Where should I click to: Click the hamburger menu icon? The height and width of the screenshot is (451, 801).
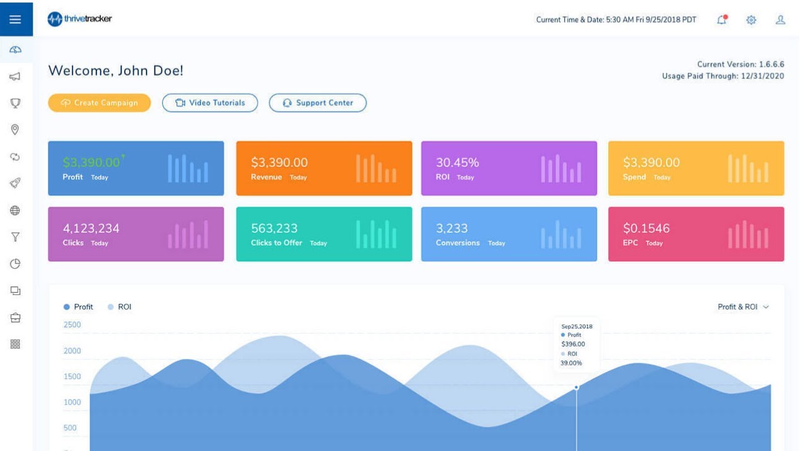16,19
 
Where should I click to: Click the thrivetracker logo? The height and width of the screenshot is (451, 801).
80,19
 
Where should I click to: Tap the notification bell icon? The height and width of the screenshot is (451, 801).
722,19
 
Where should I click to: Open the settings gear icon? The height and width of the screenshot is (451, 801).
751,20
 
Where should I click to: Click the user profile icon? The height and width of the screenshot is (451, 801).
780,19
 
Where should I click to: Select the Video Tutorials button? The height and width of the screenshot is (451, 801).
210,103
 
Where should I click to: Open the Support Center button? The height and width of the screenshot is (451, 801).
317,103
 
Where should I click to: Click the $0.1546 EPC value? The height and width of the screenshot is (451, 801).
646,228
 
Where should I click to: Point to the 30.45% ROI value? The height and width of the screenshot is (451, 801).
457,162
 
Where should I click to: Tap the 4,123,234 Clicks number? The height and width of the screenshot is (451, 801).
91,228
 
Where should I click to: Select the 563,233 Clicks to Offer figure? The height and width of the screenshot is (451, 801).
274,228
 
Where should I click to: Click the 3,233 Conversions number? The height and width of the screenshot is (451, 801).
452,228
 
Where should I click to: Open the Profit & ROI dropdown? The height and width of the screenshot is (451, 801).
743,307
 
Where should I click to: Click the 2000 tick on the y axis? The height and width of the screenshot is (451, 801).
72,351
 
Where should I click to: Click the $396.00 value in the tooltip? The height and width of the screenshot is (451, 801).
573,344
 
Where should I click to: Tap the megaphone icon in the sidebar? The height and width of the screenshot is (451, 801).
16,76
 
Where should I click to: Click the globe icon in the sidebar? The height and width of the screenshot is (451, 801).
16,210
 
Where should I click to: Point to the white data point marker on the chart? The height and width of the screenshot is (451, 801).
576,387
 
